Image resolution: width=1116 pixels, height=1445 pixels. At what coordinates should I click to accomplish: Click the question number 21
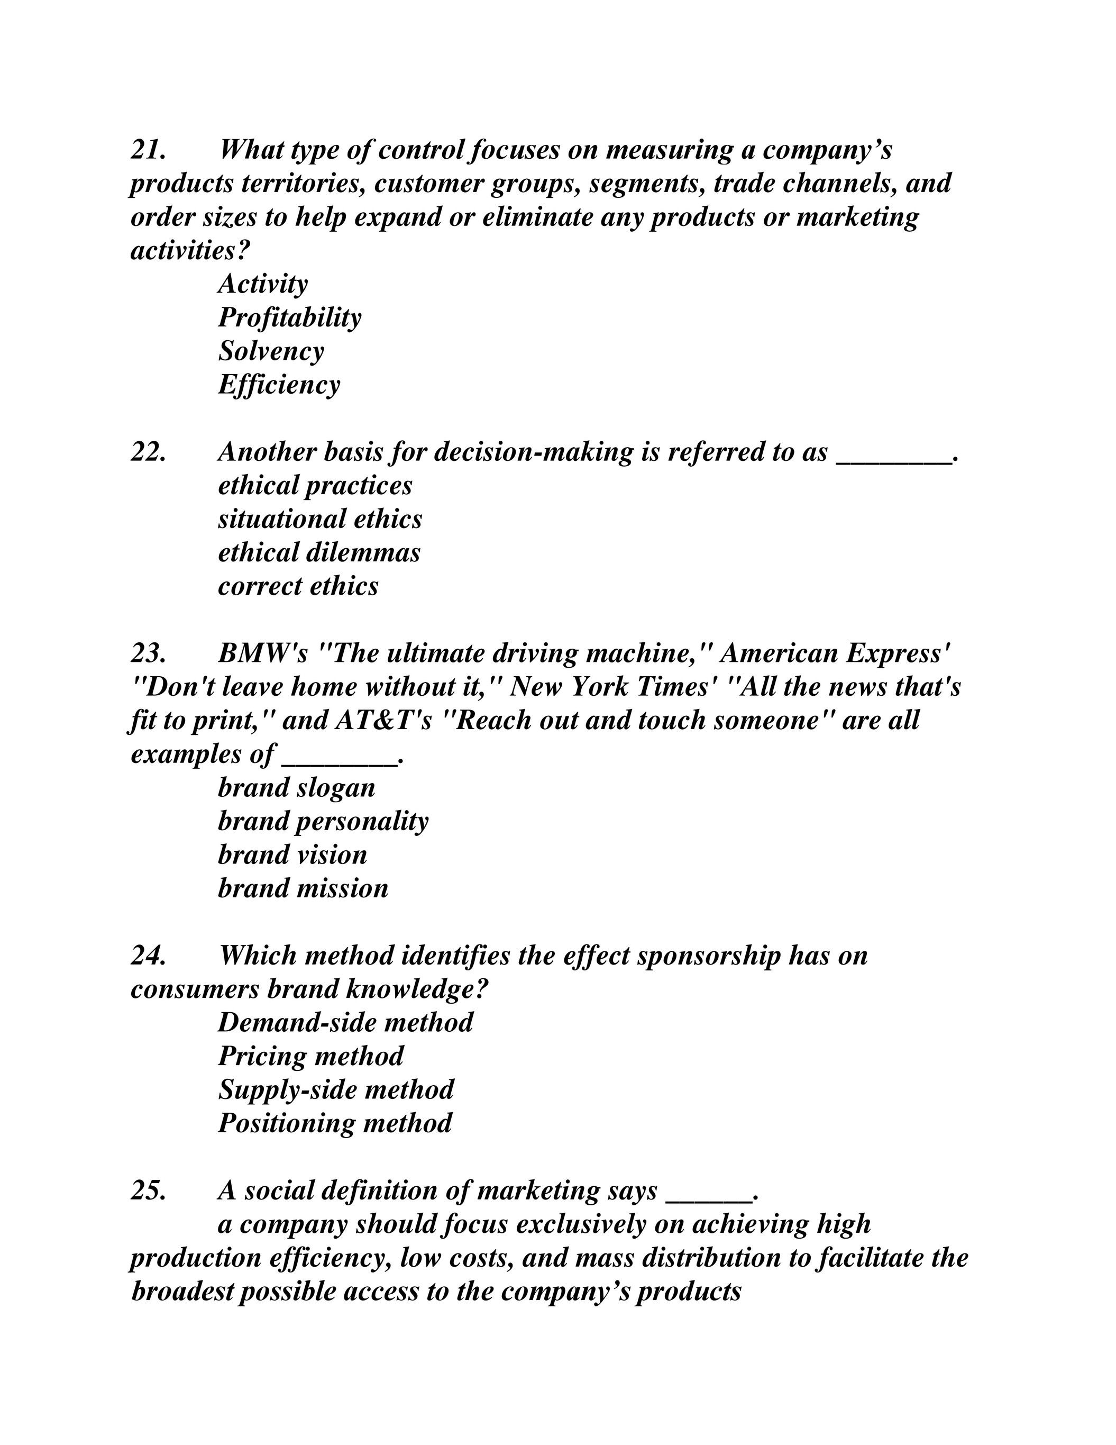148,150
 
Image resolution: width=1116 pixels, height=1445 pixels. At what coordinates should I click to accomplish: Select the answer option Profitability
290,317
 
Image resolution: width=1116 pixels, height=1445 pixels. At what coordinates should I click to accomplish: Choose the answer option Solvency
271,351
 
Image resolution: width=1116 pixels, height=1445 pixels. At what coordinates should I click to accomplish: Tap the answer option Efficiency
279,385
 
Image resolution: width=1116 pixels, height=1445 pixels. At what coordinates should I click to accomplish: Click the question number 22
148,452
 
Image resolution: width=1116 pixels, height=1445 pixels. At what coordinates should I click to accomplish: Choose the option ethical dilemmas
319,552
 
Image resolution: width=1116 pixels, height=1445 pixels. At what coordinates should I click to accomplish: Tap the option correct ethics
298,586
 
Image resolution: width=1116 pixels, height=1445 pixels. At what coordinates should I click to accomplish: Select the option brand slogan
296,787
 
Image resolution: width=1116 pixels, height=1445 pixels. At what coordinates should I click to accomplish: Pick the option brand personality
323,821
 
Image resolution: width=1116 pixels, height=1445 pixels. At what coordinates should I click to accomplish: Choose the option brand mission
303,888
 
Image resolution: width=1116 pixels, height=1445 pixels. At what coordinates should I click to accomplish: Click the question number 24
148,956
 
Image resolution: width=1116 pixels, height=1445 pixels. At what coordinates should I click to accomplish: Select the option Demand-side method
345,1022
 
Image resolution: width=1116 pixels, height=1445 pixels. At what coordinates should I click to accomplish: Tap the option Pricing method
310,1056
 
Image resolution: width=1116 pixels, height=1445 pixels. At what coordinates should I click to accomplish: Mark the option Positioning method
335,1123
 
